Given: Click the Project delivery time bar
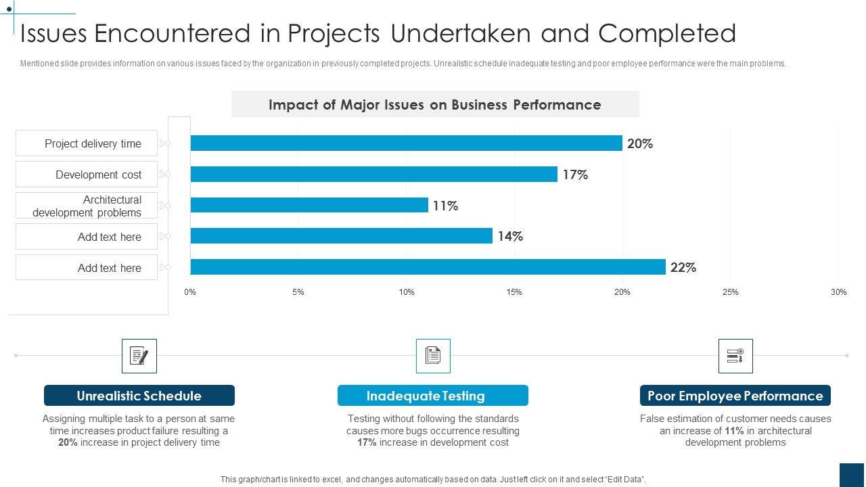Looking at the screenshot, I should coord(406,143).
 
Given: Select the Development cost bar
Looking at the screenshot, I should coord(373,175).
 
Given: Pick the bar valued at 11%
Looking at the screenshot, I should coord(309,205).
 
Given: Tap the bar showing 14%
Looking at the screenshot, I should coord(341,236).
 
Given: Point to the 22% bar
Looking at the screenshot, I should coord(428,267).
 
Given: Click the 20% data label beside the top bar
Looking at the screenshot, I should coord(640,143).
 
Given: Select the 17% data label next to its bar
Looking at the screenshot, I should coord(575,175).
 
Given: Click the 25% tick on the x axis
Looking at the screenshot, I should coord(730,292).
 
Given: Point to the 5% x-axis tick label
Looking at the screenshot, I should coord(298,292).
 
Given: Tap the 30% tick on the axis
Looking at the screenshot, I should coord(838,292).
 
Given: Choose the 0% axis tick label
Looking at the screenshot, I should coord(190,292).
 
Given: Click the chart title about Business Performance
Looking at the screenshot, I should coord(435,105).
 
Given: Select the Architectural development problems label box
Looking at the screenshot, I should coord(87,206).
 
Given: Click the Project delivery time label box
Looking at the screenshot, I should coord(87,143).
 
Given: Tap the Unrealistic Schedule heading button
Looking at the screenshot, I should coord(139,396).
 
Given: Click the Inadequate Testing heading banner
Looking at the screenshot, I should coord(432,396).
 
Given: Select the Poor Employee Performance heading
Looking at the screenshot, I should coord(735,396).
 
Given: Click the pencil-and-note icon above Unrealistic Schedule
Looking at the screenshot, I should coord(139,356).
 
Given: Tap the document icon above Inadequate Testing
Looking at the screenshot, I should coord(433,356).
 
